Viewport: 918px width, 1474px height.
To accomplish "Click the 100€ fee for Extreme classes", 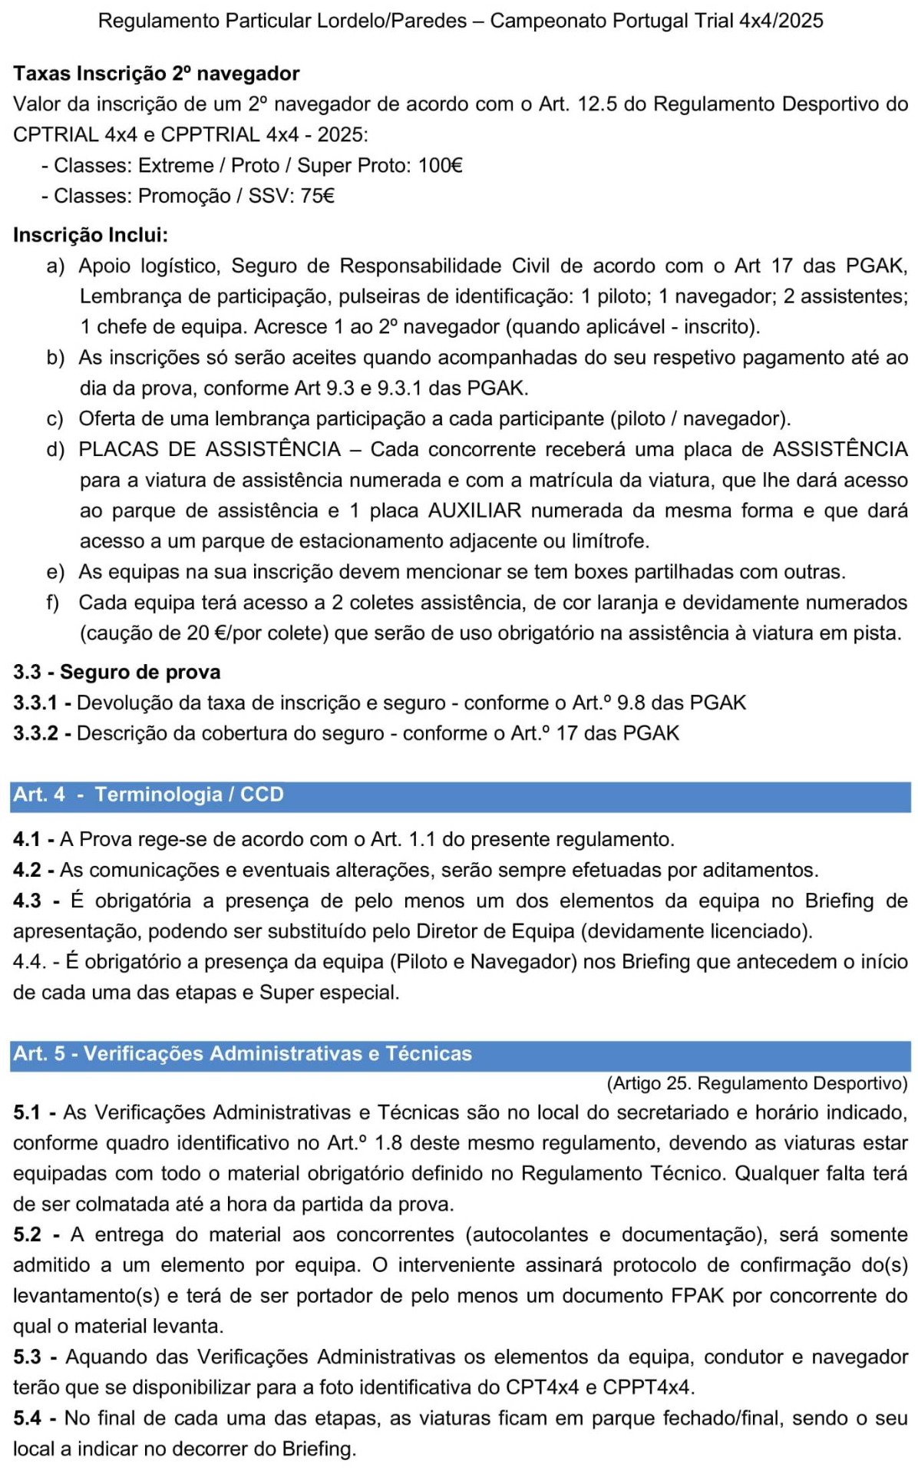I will click(x=440, y=166).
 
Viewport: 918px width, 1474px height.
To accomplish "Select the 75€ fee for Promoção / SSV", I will click(x=317, y=197).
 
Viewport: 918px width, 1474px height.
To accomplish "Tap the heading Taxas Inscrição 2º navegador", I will click(x=156, y=74).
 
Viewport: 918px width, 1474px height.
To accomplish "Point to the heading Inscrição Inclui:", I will click(x=91, y=235).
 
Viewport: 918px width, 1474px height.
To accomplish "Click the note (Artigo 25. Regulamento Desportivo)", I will click(x=757, y=1083).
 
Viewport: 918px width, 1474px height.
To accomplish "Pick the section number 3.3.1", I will click(x=36, y=702).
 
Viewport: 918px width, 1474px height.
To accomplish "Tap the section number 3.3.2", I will click(x=36, y=733).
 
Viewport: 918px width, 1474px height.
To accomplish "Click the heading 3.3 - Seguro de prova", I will click(x=117, y=672).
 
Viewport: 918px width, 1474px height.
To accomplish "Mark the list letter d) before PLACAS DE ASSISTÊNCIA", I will click(x=55, y=449).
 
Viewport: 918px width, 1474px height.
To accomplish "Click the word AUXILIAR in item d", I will click(x=474, y=511).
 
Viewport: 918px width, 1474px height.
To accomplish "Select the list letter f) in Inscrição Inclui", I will click(x=53, y=603).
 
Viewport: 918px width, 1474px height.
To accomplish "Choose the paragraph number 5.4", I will click(x=27, y=1418).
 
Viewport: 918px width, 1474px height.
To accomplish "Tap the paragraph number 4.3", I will click(x=27, y=901).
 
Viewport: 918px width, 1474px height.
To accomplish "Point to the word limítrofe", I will click(x=610, y=541).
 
